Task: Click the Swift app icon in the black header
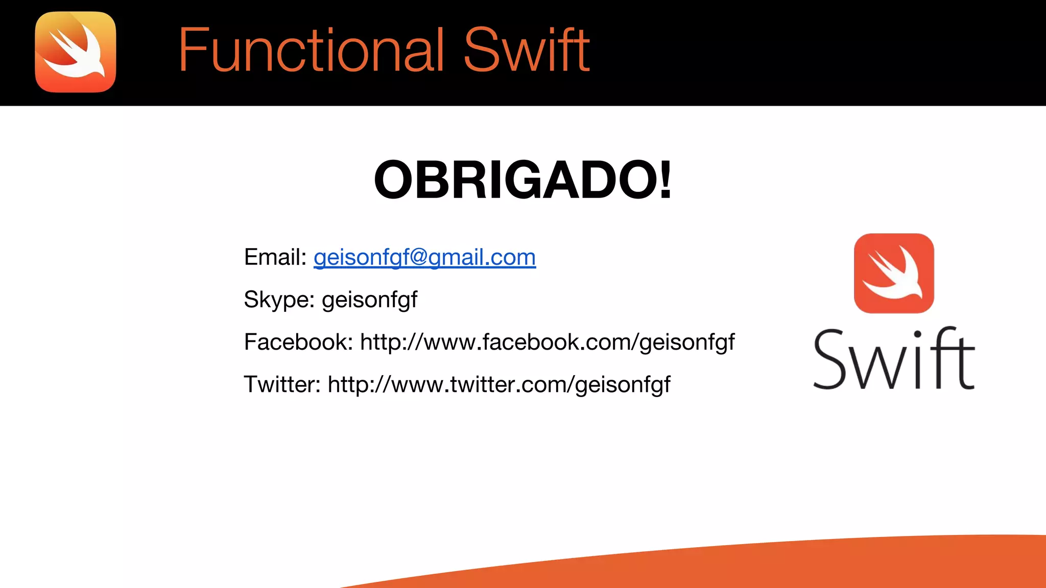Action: point(76,52)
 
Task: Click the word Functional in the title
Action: point(311,50)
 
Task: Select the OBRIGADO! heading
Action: point(522,180)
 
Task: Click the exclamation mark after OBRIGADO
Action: point(665,180)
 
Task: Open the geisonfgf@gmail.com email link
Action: point(424,257)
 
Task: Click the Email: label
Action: point(275,257)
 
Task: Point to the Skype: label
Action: point(279,300)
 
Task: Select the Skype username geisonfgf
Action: point(370,300)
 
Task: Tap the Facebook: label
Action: point(298,342)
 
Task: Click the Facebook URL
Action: point(547,342)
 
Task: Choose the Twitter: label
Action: point(282,384)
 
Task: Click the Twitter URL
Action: point(499,384)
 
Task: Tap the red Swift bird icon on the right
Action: point(894,274)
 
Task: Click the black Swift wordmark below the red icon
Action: point(894,359)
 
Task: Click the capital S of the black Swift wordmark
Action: point(830,360)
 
